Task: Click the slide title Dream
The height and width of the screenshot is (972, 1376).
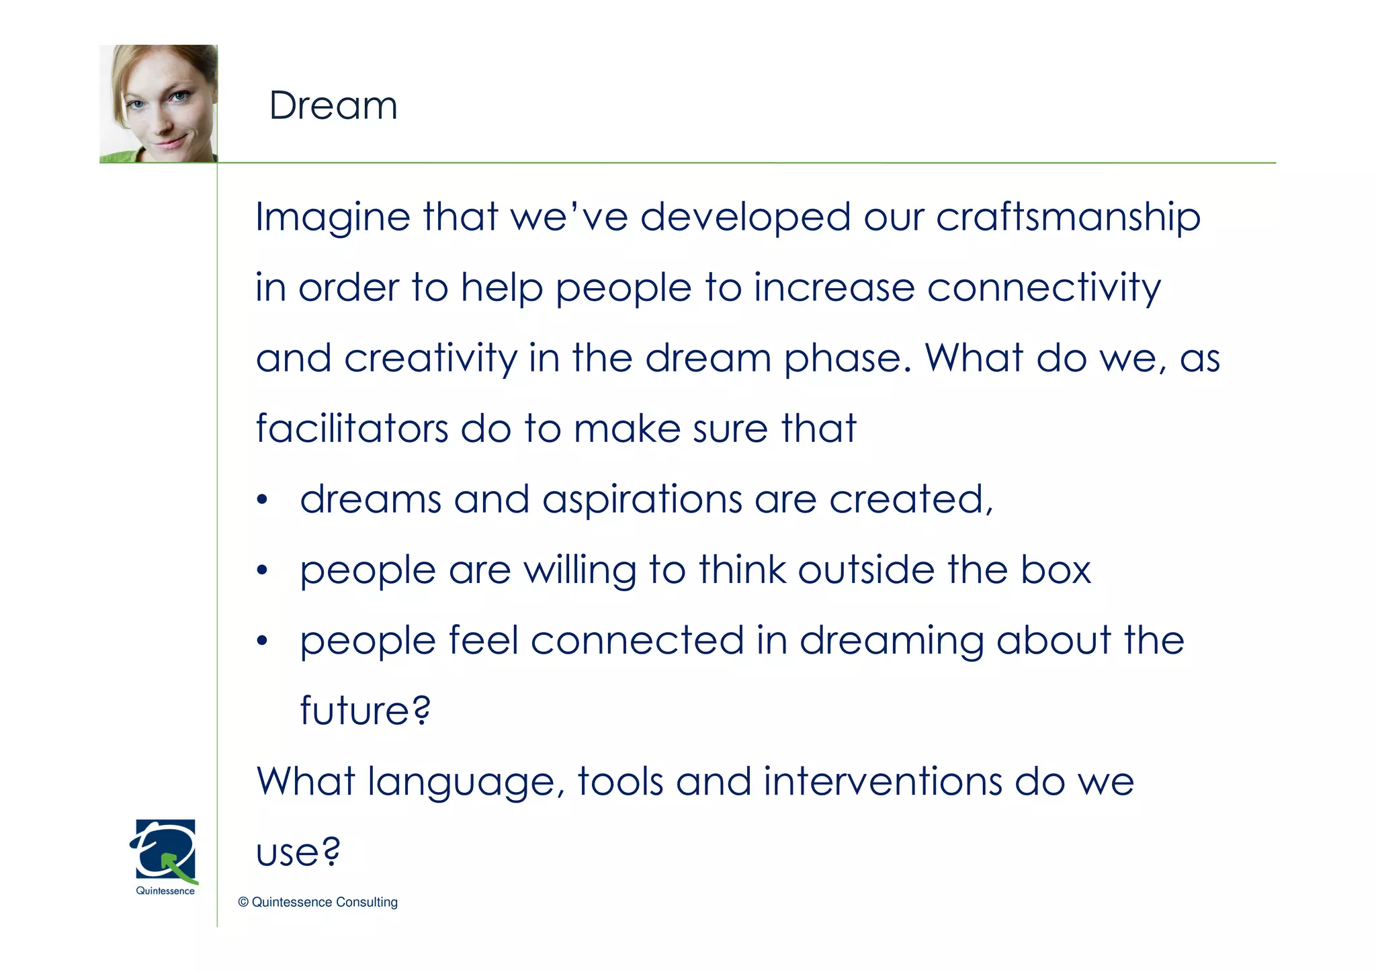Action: tap(333, 106)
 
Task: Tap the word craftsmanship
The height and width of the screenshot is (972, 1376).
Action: tap(1068, 218)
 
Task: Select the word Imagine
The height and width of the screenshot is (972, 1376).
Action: tap(333, 218)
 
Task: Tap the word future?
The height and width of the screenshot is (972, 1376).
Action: tap(365, 711)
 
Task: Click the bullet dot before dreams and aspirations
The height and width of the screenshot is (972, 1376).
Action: tap(262, 500)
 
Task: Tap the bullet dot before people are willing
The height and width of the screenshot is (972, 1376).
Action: tap(262, 571)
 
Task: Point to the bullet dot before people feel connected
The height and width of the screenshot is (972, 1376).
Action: tap(262, 642)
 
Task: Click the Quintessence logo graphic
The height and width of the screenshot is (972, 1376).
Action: tap(165, 850)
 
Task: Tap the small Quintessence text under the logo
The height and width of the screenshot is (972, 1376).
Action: tap(165, 891)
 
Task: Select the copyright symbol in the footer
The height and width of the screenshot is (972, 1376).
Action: tap(243, 902)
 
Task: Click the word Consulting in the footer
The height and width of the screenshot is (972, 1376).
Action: tap(366, 902)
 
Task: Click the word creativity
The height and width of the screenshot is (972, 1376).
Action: tap(430, 358)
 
